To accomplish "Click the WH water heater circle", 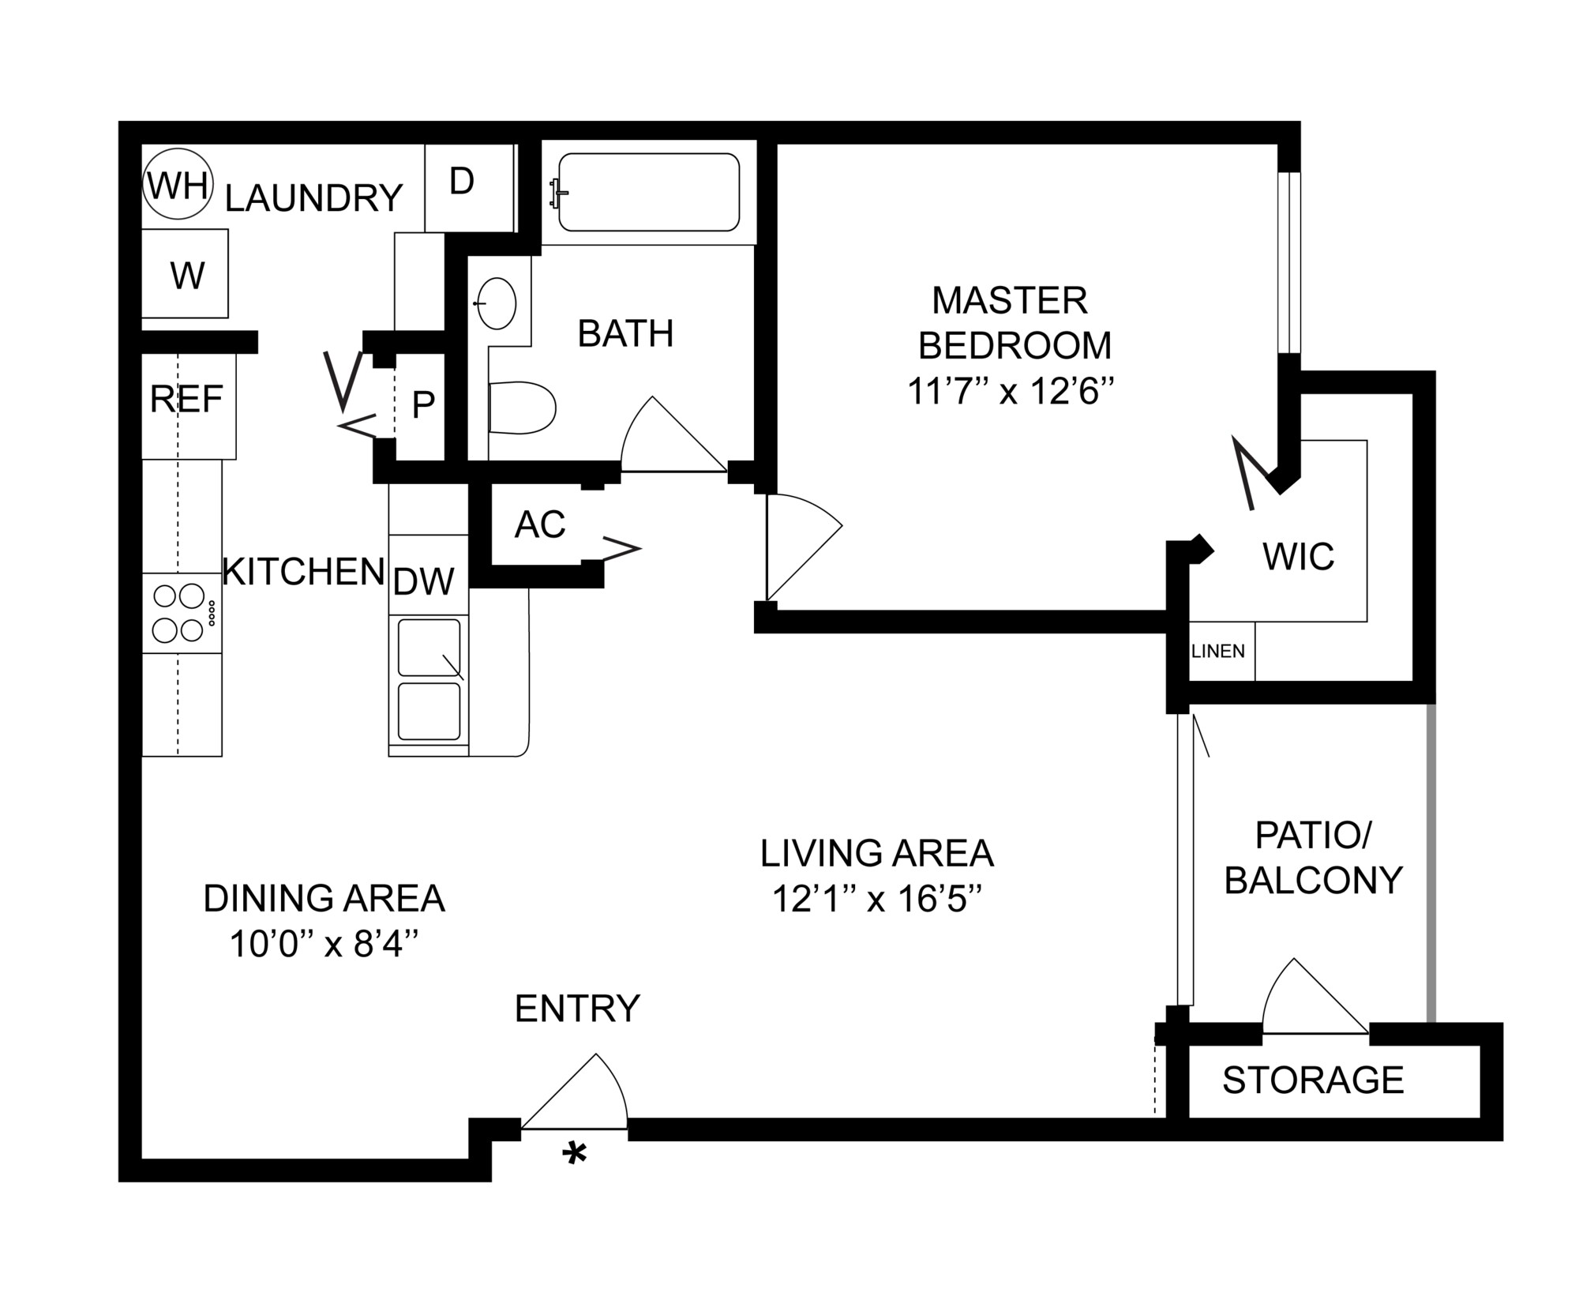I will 178,186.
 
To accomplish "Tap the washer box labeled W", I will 186,275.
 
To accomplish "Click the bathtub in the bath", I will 648,192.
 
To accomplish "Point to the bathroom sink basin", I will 497,303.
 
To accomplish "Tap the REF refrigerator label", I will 186,400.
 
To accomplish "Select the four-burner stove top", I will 181,613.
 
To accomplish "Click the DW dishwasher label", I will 424,582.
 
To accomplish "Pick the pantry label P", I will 423,405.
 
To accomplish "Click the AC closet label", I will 540,524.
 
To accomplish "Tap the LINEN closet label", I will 1217,652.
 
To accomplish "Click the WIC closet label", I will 1298,557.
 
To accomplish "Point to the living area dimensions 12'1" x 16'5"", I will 876,899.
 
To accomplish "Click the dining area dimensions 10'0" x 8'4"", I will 323,943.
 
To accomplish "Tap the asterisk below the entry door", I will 574,1156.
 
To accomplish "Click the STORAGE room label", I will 1313,1080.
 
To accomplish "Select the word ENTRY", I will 577,1009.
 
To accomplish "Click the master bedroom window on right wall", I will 1288,262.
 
